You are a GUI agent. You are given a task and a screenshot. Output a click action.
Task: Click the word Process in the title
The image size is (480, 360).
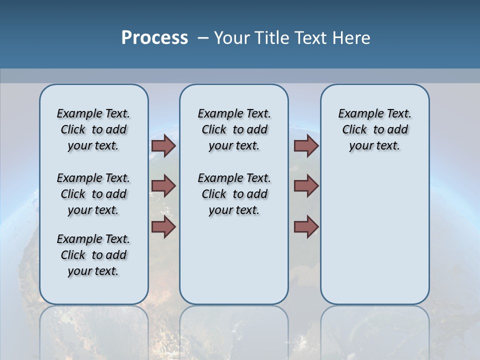[x=154, y=37]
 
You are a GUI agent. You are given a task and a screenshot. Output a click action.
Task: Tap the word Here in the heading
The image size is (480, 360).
[x=352, y=38]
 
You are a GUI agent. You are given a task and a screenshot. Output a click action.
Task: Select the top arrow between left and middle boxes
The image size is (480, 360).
[x=163, y=146]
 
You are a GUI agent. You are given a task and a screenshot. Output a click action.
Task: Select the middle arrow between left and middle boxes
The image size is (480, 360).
[x=163, y=186]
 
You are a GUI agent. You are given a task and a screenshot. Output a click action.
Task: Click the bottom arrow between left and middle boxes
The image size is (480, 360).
[x=163, y=226]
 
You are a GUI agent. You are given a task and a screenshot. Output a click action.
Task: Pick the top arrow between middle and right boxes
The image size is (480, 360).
[x=306, y=146]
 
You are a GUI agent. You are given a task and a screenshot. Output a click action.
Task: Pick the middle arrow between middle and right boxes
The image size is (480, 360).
[x=306, y=186]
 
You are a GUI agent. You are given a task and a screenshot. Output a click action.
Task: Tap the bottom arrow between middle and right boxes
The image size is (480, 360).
[x=306, y=226]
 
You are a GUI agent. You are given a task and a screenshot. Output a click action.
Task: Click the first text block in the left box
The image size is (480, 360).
[x=93, y=129]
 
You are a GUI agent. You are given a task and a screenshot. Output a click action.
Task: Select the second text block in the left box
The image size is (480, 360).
[x=93, y=194]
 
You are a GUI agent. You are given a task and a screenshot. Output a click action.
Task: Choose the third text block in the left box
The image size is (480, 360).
[x=93, y=255]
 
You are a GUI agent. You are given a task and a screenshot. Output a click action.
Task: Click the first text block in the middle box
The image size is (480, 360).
[x=234, y=129]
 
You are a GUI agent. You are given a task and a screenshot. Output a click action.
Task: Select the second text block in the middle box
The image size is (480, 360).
[x=234, y=194]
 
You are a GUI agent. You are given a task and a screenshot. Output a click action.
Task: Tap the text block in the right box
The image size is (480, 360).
[x=374, y=129]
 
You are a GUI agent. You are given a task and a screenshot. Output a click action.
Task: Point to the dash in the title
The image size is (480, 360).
[x=203, y=38]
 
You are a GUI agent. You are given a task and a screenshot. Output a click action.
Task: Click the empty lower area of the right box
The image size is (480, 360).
[x=374, y=240]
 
